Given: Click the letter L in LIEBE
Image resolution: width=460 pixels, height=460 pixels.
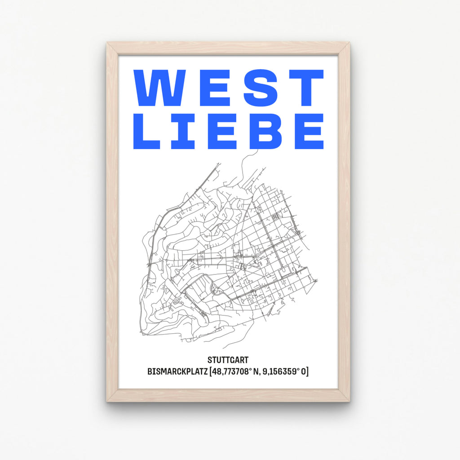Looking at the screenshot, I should [146, 131].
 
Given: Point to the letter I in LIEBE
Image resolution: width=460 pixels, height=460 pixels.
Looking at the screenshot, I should [182, 131].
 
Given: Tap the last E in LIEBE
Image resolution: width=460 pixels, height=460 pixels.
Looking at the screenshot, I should [306, 131].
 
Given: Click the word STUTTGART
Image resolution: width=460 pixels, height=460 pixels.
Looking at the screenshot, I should [228, 360].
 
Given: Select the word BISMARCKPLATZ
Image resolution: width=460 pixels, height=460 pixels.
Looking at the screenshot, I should [177, 372].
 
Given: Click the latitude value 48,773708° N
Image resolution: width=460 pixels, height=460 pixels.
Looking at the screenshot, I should [234, 372].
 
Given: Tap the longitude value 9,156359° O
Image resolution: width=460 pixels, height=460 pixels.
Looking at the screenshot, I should [282, 372].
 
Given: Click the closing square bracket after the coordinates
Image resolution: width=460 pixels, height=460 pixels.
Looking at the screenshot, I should [307, 372].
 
